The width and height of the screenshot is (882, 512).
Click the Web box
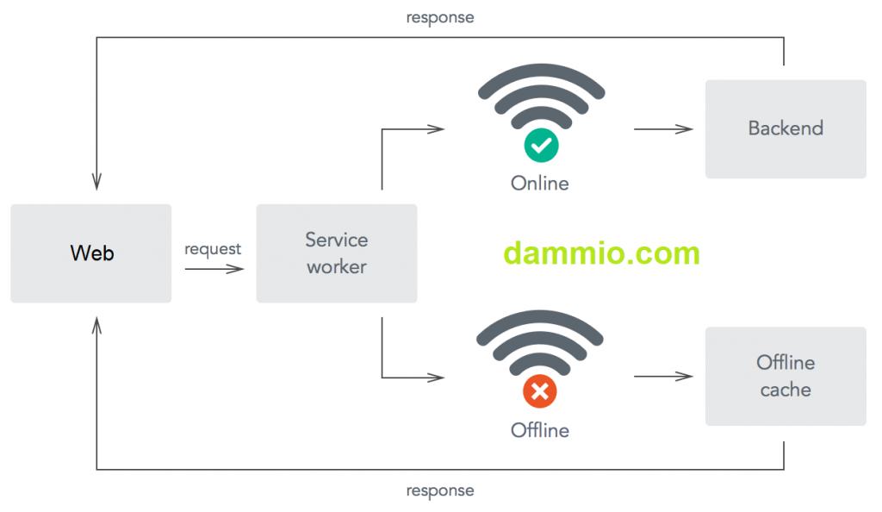pos(91,253)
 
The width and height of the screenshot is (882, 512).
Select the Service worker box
pos(336,253)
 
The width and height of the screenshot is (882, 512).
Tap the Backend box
pos(786,128)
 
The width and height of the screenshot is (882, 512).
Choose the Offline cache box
pos(786,376)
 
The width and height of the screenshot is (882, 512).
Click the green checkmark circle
pos(541,146)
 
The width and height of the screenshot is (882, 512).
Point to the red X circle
pos(540,393)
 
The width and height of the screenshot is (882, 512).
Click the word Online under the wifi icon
pos(540,184)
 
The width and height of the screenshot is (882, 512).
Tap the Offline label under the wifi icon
pos(540,430)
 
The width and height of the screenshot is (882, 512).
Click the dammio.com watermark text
pos(601,253)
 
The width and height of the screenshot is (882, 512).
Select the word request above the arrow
pos(213,249)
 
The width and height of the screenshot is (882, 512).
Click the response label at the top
pos(440,17)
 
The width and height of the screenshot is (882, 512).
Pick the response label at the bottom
pos(440,490)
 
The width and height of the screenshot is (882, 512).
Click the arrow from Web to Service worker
pos(214,269)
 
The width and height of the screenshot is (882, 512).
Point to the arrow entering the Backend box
pos(663,129)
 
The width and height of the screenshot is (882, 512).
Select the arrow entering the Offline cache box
pos(663,377)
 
